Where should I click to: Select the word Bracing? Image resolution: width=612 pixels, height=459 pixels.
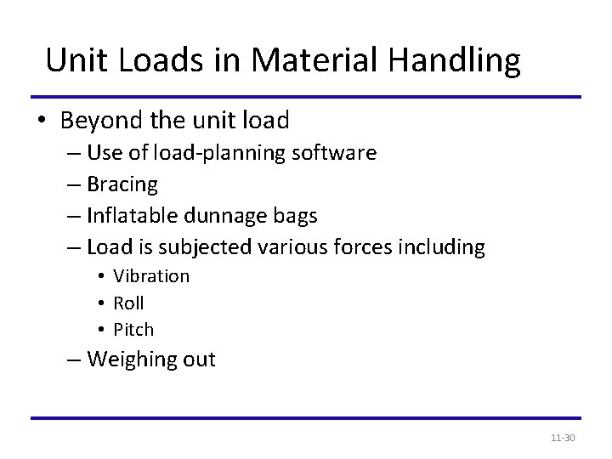pos(122,184)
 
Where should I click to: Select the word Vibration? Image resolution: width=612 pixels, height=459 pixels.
pos(151,276)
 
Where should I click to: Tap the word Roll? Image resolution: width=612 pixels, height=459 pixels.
pos(128,303)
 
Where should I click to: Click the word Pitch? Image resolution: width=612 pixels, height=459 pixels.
pos(133,329)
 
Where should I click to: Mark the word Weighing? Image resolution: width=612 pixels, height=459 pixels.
pos(131,360)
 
